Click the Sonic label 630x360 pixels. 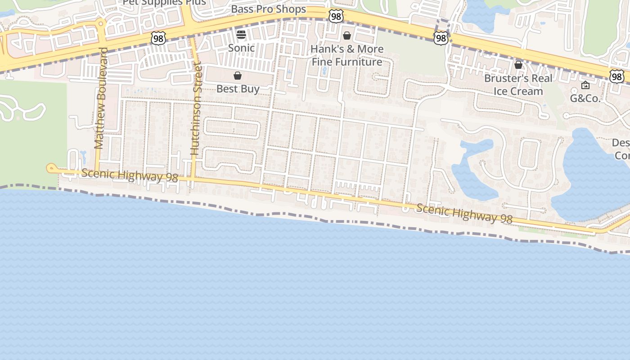pos(241,48)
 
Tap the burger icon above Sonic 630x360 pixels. pos(241,35)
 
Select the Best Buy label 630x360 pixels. pos(238,89)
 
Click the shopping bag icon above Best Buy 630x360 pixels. pos(238,76)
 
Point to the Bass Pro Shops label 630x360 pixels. pos(268,9)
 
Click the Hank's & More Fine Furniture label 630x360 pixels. pos(347,55)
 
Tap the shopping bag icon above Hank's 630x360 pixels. pos(347,35)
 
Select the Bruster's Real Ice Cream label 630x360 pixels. pos(518,85)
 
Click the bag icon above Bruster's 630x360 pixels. pos(518,65)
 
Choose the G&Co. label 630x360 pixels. pos(585,98)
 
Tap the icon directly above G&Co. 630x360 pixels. pos(585,85)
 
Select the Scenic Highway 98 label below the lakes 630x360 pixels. pos(464,213)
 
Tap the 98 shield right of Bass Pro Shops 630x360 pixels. pos(336,17)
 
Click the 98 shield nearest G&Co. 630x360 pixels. pos(617,76)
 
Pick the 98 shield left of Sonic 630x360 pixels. pos(158,38)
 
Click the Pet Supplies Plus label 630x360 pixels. pos(164,2)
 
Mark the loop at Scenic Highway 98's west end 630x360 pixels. pos(50,168)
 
